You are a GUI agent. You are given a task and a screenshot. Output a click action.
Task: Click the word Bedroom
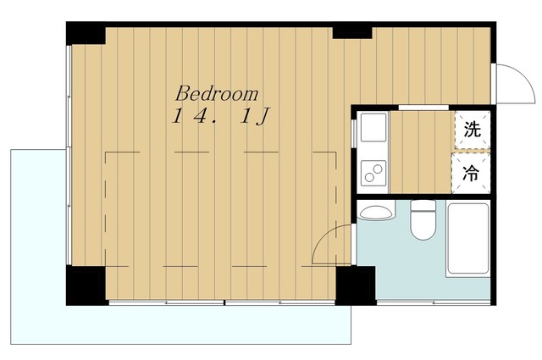coord(217,93)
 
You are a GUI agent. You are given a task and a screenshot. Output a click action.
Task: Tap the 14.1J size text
coord(220,117)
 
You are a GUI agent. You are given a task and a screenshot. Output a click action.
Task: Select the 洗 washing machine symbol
coord(473,130)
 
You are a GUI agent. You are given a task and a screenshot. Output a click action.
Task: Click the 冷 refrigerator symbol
coord(471,174)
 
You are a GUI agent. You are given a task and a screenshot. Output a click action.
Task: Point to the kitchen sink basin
coord(373,127)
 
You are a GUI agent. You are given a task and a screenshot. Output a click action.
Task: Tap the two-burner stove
coord(373,173)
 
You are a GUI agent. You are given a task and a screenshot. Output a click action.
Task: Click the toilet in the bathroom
coord(423,220)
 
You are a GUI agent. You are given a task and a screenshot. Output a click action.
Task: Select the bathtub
coord(468,240)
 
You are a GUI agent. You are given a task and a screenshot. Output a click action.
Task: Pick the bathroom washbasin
coord(375,211)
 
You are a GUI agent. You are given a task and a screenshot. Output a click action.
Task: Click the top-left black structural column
coord(86,33)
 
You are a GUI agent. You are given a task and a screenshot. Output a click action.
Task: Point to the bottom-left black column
coord(86,285)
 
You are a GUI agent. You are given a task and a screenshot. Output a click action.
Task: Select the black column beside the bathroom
coord(356,285)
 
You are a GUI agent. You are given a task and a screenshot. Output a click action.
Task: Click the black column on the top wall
coord(352,30)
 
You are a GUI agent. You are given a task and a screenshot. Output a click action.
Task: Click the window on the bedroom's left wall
coord(69,155)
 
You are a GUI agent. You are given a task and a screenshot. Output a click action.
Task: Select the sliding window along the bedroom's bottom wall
coord(222,302)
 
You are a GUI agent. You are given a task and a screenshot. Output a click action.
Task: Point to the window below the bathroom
coord(434,302)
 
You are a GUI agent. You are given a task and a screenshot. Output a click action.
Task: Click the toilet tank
coord(423,206)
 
